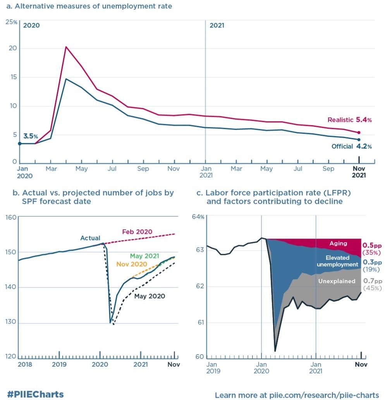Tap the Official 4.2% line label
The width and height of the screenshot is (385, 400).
351,147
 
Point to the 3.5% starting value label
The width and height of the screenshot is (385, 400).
31,137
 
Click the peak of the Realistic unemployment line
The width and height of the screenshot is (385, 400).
66,47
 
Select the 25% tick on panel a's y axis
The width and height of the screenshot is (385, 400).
11,22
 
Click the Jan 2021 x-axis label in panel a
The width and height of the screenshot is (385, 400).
206,172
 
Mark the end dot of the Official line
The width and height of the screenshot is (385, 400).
359,140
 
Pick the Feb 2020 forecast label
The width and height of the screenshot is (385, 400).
137,232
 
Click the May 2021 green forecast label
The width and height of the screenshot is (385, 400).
144,256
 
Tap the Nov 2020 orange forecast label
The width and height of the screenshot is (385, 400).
132,264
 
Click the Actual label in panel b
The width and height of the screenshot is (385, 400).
90,238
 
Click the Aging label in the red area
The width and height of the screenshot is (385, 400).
338,244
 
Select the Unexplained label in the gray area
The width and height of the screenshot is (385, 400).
337,281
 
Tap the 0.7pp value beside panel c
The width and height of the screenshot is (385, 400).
372,281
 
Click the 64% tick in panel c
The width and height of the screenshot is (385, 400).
198,216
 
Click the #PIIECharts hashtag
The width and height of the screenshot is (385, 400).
35,395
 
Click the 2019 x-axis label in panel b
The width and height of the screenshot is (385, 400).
59,365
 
